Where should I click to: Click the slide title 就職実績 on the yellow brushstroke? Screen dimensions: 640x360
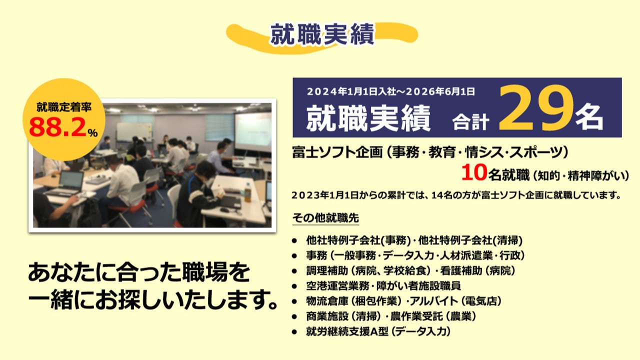point(322,34)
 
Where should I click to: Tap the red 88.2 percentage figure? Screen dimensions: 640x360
point(57,127)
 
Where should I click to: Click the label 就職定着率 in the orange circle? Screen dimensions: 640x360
point(63,107)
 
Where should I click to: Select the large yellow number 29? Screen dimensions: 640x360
point(535,108)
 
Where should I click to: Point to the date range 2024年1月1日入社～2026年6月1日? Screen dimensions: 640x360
point(391,91)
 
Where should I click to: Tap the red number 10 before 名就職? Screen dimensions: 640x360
point(474,172)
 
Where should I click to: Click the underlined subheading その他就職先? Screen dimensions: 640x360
point(325,218)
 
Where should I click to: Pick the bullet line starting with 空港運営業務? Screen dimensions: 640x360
point(383,285)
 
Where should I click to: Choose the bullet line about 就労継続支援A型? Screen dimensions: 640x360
point(378,331)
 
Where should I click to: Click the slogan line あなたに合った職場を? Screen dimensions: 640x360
point(139,272)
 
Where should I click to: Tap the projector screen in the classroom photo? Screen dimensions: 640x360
point(253,131)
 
